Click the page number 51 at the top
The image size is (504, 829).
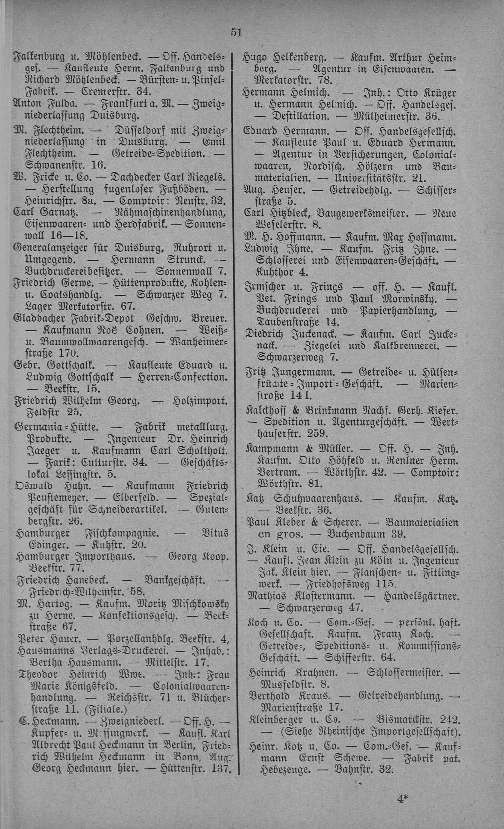[x=236, y=33]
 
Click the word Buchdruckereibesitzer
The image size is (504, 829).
[x=75, y=272]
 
